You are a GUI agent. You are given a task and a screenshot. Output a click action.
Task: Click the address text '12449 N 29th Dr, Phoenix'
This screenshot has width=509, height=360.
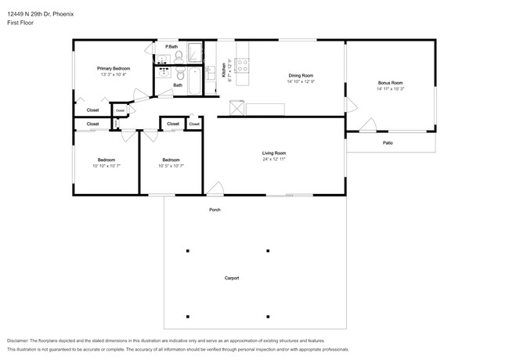point(40,13)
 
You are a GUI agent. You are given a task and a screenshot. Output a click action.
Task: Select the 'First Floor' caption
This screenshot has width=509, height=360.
point(20,23)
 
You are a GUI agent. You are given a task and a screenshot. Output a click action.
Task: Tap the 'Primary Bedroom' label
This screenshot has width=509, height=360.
point(114,69)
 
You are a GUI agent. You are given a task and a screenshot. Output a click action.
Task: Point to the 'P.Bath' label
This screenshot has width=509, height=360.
point(171,48)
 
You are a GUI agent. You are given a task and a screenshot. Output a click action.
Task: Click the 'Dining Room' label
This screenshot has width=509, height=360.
point(301,76)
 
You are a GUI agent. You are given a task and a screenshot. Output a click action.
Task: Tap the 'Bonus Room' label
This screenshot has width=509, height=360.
point(389,83)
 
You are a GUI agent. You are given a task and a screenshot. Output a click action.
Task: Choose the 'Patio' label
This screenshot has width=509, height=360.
point(388,143)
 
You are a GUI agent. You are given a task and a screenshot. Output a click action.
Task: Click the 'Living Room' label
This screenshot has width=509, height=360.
point(273,153)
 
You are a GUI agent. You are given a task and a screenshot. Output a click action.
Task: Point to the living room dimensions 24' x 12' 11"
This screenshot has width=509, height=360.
point(273,160)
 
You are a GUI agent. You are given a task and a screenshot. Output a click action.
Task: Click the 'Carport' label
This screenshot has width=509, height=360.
point(232,278)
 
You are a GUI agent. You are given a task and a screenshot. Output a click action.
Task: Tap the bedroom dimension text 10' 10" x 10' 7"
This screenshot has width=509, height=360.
point(106,166)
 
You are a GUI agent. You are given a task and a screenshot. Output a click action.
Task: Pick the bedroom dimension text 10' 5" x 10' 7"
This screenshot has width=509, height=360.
point(171,166)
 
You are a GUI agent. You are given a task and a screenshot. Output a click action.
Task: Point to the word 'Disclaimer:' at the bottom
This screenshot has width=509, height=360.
point(22,341)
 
